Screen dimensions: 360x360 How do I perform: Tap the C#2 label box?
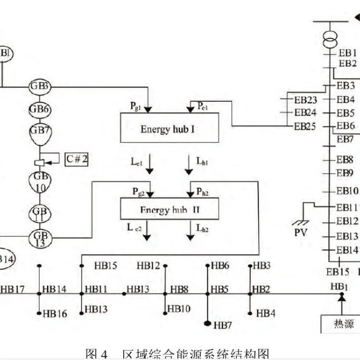[76, 158]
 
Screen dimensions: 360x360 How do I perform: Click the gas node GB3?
[40, 86]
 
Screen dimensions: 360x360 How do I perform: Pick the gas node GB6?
[40, 110]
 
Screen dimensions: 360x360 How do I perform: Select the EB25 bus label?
[306, 126]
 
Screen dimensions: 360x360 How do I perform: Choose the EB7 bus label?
[345, 140]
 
